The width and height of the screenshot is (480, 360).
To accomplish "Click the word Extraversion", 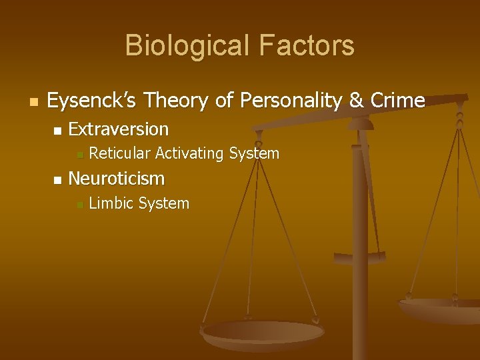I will pyautogui.click(x=119, y=128).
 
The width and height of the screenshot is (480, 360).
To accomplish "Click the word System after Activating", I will pyautogui.click(x=254, y=153).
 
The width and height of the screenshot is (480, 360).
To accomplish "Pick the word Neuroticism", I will pyautogui.click(x=116, y=179).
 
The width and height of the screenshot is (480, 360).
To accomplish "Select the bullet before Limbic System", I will pyautogui.click(x=79, y=205).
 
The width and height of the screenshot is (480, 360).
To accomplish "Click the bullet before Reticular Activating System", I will pyautogui.click(x=79, y=155).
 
